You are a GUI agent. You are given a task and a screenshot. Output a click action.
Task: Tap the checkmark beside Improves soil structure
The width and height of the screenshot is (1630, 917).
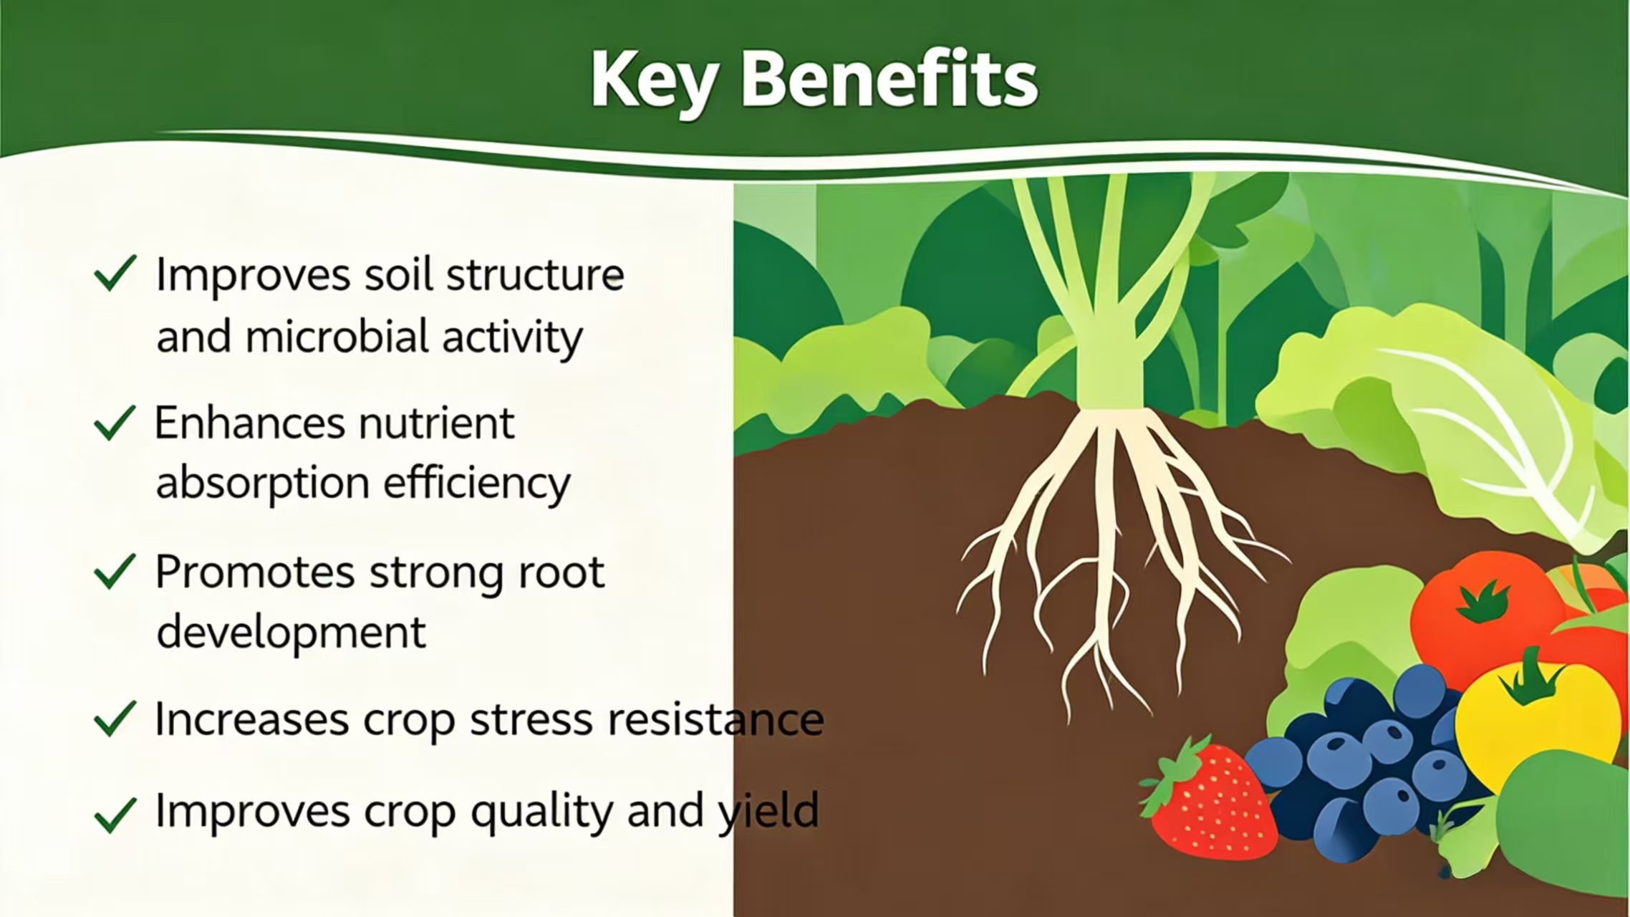click(x=115, y=274)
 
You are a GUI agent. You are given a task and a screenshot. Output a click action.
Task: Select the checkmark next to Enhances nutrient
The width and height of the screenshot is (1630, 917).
click(x=115, y=423)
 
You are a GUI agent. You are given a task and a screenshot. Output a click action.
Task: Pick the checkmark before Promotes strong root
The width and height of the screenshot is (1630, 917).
click(x=115, y=572)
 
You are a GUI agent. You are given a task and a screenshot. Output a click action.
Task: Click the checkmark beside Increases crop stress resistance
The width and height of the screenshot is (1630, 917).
click(x=115, y=719)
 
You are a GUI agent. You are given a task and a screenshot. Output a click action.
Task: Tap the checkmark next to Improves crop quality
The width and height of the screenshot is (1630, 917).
click(x=115, y=815)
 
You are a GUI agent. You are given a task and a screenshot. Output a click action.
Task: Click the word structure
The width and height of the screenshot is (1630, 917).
click(x=535, y=275)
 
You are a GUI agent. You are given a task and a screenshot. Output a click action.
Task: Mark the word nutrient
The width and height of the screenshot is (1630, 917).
click(x=437, y=423)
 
